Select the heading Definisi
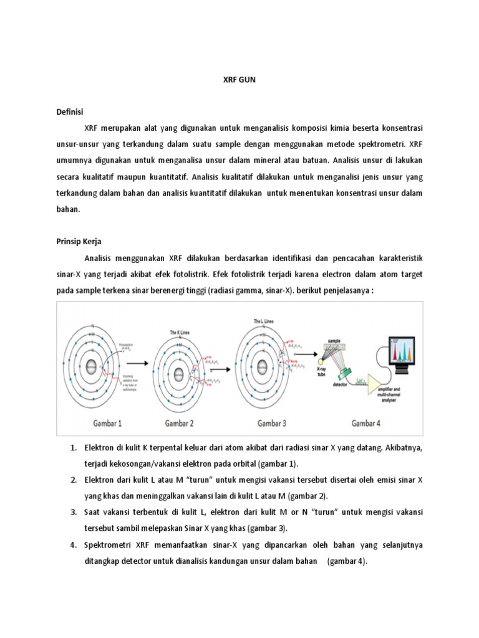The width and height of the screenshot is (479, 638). [x=70, y=111]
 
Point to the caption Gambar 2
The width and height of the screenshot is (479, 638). [x=180, y=423]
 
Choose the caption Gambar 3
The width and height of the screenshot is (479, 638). [x=271, y=423]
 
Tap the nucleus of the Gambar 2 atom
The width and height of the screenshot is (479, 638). [x=179, y=374]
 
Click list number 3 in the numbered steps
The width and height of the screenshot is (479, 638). [x=72, y=512]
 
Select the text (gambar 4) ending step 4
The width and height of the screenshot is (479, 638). [x=347, y=561]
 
